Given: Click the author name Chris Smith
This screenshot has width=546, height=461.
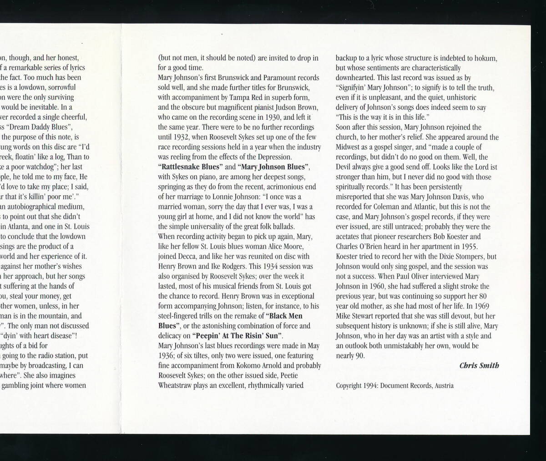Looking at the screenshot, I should tap(479, 365).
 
